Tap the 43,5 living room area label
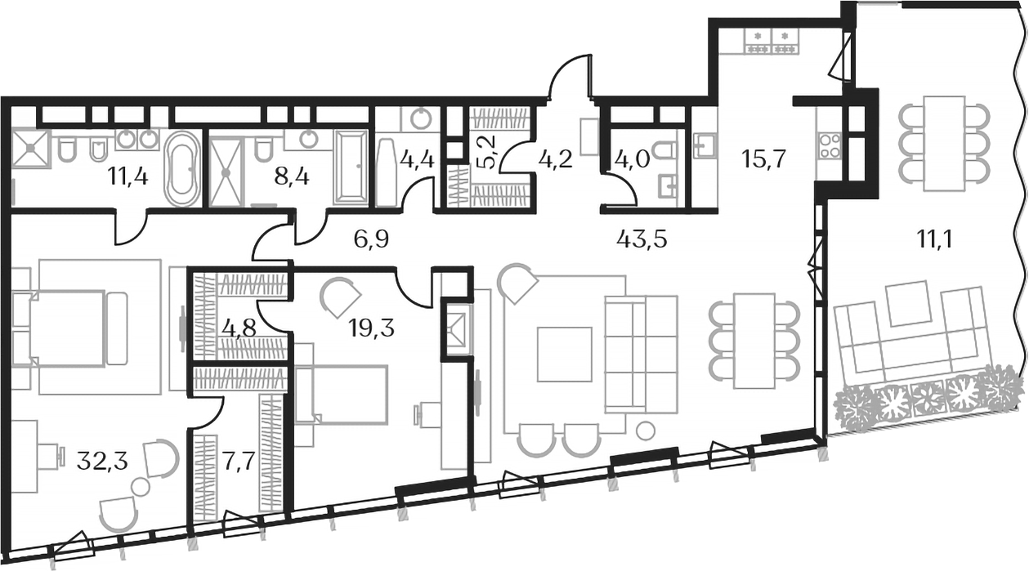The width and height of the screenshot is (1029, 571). (x=638, y=239)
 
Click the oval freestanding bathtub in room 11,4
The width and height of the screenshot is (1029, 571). (x=182, y=168)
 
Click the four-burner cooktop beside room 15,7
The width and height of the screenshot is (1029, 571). (x=829, y=145)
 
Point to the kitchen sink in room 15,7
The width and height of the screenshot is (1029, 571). (x=704, y=145)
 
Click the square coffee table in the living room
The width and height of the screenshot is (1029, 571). (x=564, y=354)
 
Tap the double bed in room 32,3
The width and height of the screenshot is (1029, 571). (x=69, y=328)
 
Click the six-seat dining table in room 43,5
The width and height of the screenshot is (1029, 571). (x=754, y=341)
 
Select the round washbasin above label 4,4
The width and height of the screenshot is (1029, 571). (x=420, y=119)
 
